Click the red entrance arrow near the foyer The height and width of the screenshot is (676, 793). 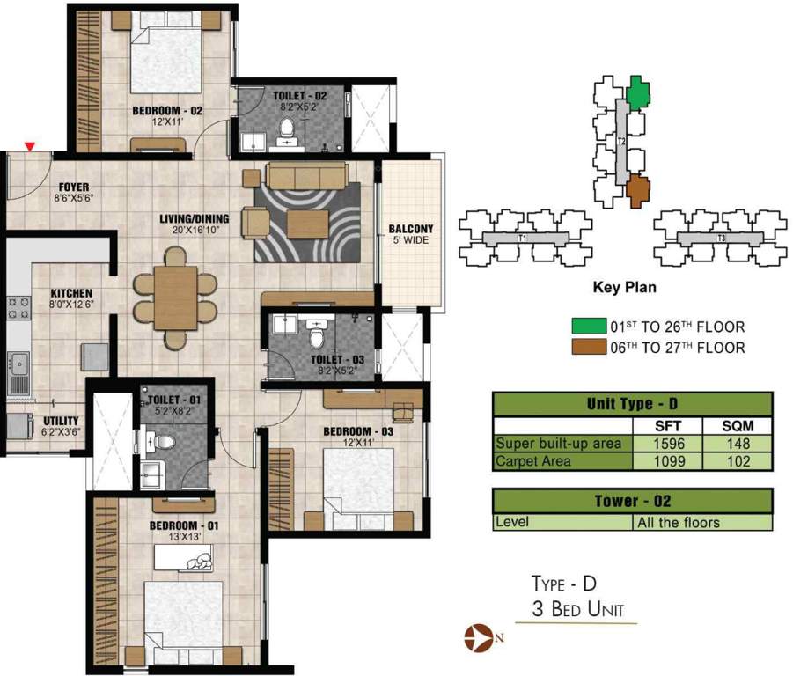point(31,146)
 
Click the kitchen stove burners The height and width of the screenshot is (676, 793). point(17,308)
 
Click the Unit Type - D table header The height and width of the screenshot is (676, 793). point(632,405)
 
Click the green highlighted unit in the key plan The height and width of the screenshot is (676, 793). point(639,91)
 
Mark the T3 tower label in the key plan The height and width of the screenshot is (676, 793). point(721,239)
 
